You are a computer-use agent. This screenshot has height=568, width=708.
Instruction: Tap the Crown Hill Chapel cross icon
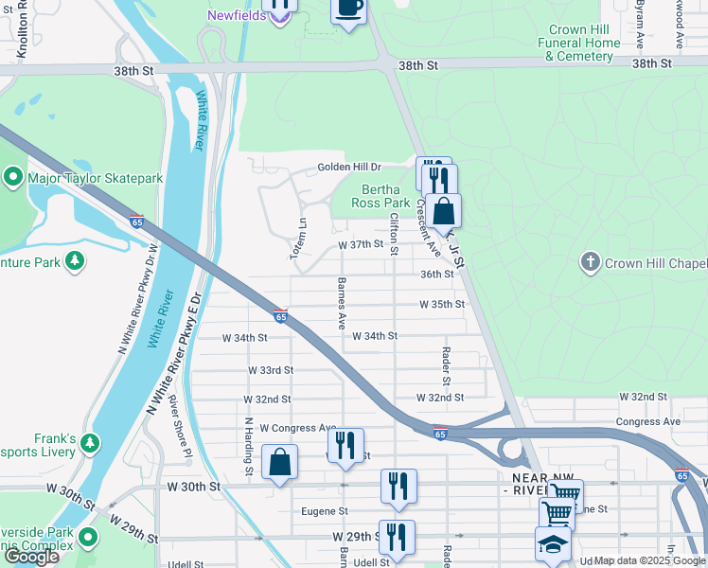591,261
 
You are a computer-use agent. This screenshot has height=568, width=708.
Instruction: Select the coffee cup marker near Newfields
348,9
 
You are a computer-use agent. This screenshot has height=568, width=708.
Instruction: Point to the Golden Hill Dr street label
347,168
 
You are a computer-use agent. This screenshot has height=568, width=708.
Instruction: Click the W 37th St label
361,244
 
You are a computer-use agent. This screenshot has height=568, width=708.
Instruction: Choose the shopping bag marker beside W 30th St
280,463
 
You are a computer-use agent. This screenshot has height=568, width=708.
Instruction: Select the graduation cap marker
554,544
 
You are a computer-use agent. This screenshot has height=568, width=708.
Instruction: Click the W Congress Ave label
298,428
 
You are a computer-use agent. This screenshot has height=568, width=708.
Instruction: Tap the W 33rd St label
271,370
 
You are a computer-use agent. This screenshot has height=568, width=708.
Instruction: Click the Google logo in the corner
31,557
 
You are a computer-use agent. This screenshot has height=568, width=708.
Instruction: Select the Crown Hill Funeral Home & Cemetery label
579,43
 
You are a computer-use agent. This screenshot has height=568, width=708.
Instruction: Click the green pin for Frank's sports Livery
90,443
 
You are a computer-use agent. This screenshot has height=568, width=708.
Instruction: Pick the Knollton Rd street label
21,33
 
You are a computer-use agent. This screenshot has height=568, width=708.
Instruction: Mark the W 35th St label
443,305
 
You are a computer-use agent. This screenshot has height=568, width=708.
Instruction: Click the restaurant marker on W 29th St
397,537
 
